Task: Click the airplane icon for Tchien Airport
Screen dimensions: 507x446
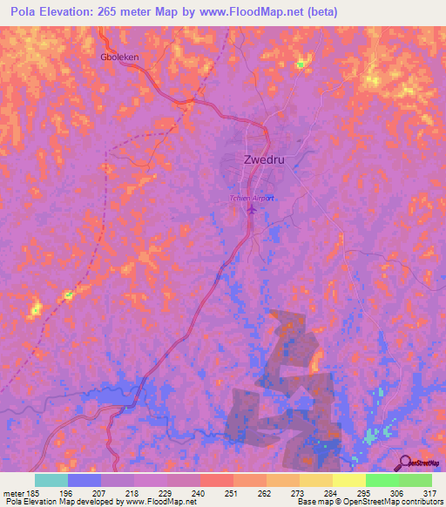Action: click(253, 209)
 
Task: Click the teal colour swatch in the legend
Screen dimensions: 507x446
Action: click(51, 480)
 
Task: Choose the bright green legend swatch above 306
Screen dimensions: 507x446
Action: click(382, 480)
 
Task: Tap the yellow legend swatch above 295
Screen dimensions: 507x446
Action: click(348, 480)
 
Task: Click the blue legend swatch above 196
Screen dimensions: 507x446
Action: click(84, 480)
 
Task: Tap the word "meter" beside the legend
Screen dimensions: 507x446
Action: click(11, 492)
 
